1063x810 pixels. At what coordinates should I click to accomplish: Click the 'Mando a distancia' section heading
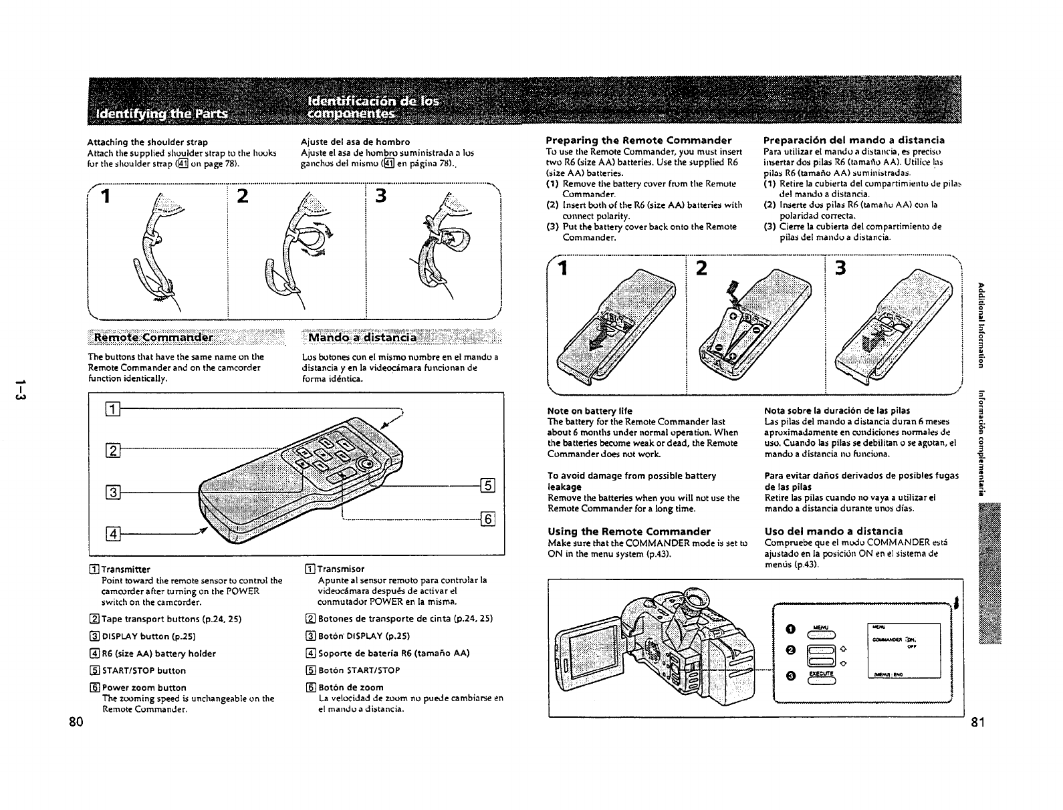click(362, 335)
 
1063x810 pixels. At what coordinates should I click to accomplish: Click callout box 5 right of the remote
click(487, 486)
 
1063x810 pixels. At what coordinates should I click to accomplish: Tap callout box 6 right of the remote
click(487, 519)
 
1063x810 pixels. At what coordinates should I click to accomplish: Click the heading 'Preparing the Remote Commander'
click(638, 140)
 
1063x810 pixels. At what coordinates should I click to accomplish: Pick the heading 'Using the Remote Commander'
click(628, 531)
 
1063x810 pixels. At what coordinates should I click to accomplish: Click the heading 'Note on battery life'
click(589, 410)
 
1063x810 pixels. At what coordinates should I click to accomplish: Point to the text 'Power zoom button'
click(143, 688)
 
